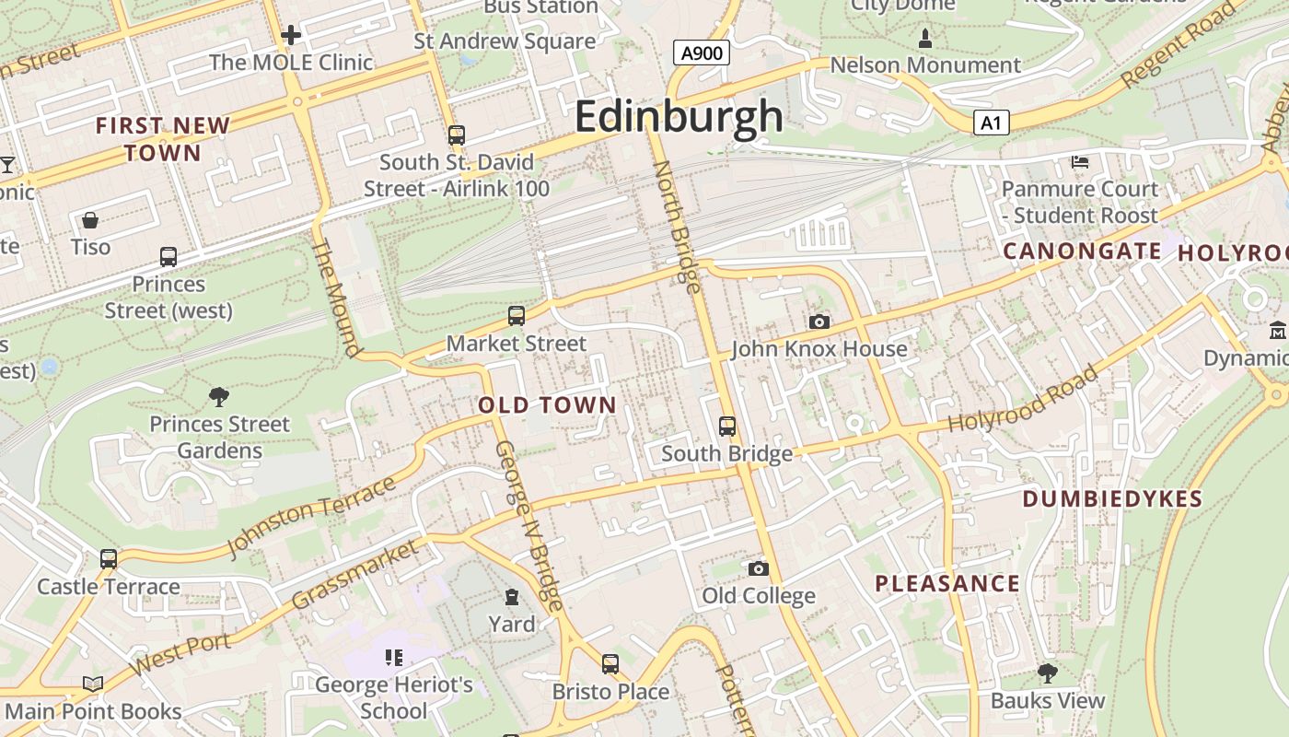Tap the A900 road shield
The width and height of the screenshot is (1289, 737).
(701, 53)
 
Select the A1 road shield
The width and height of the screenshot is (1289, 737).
(991, 123)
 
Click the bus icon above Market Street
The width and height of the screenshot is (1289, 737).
(517, 316)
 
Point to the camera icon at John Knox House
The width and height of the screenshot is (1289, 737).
(819, 322)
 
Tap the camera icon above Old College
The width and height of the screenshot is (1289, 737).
(759, 568)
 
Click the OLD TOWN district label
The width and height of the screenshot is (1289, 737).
(547, 405)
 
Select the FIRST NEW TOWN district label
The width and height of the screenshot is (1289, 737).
(163, 139)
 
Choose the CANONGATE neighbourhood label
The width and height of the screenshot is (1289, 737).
(1082, 251)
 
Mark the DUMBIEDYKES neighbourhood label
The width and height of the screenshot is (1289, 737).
(1112, 499)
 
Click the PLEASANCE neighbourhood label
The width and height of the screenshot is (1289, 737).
(947, 583)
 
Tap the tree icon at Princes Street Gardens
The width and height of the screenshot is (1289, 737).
(219, 397)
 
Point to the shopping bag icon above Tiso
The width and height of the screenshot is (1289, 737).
(90, 220)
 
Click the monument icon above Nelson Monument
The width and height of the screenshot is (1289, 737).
(925, 39)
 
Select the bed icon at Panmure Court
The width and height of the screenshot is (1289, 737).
(1080, 162)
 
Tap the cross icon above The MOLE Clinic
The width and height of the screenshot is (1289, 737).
(291, 35)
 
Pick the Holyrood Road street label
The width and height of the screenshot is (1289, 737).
(1023, 401)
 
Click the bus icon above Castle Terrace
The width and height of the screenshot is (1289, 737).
(109, 558)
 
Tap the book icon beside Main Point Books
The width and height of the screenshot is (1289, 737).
(92, 684)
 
